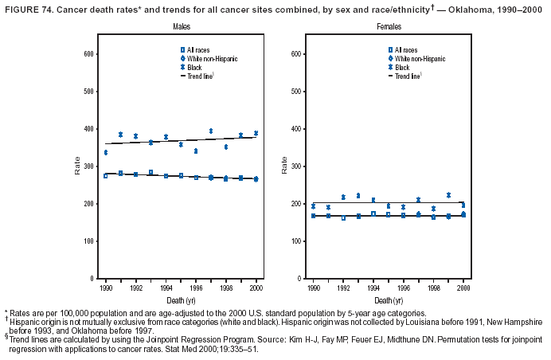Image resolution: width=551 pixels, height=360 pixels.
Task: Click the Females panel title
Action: click(x=389, y=27)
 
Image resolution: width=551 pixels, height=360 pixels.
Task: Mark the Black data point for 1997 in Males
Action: click(x=211, y=131)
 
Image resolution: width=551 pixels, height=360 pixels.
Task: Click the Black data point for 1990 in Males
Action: click(x=106, y=152)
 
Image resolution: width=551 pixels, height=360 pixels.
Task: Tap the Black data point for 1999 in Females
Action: click(x=449, y=195)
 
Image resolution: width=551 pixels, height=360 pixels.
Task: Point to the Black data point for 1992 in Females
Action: click(x=344, y=197)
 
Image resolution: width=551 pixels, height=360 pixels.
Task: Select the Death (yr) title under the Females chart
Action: click(x=388, y=300)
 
